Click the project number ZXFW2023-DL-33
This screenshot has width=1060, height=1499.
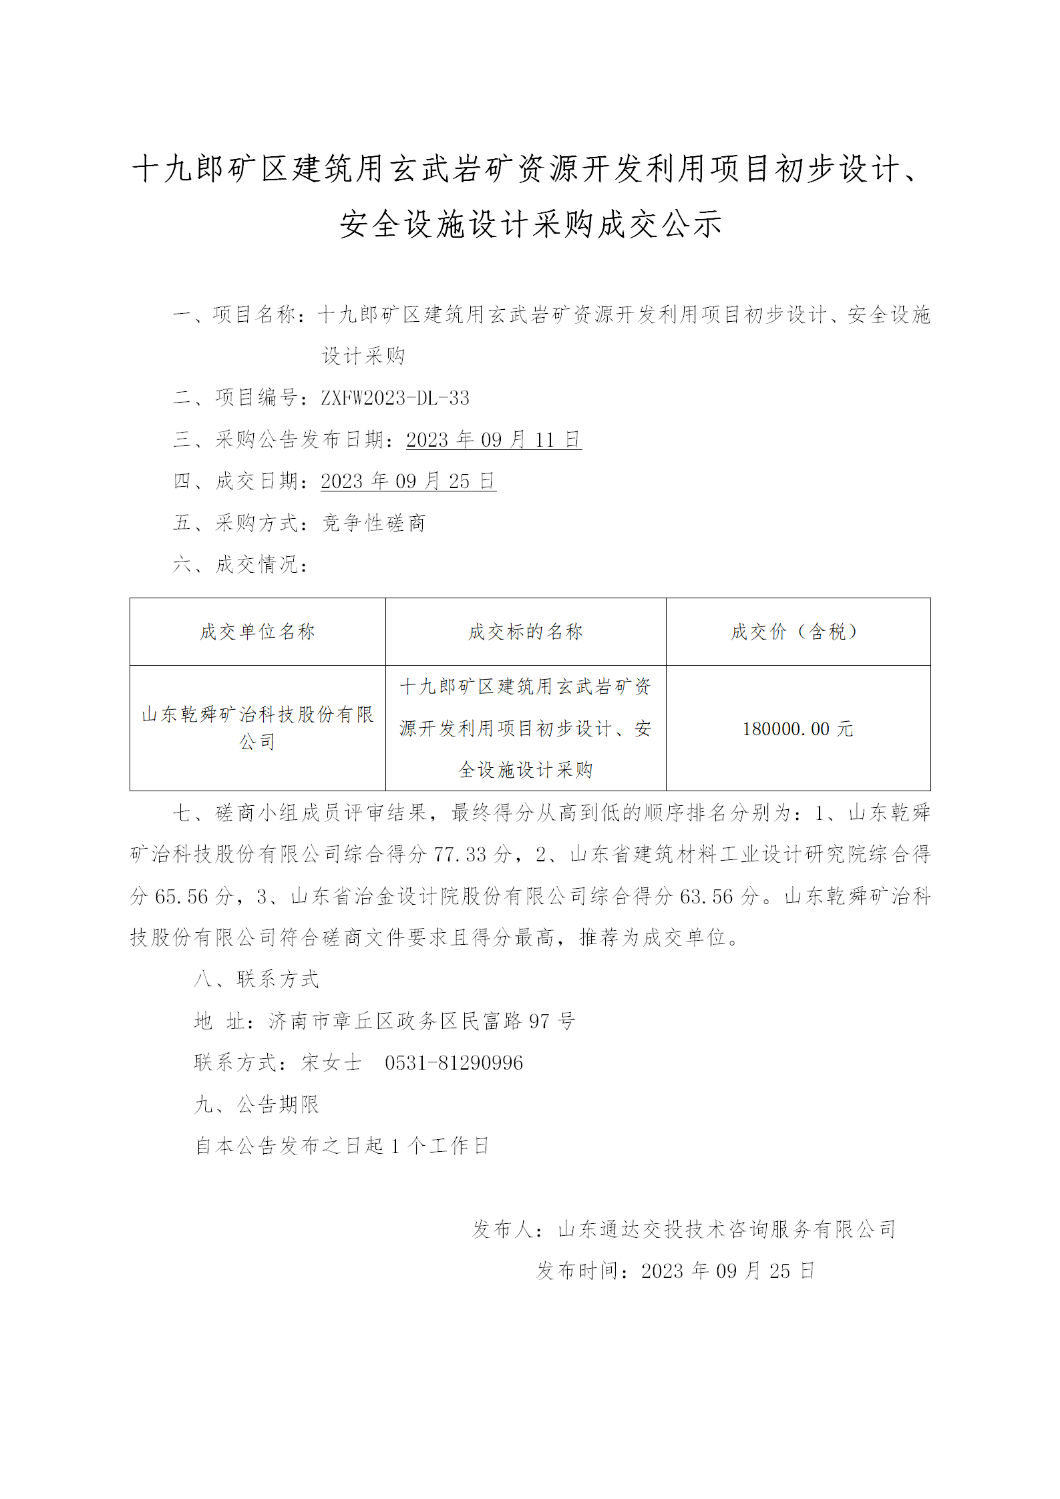click(395, 398)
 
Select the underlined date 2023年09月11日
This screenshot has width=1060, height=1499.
click(494, 439)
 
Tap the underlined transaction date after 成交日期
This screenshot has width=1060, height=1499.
click(408, 481)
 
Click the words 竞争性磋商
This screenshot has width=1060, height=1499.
click(373, 523)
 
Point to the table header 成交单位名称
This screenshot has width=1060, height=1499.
click(257, 632)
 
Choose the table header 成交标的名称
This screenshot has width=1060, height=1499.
click(526, 632)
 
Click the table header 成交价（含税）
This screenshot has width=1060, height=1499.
click(798, 632)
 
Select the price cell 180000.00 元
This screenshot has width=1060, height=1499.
click(798, 728)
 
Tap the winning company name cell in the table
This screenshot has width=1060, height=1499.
click(257, 728)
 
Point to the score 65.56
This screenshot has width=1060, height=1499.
click(182, 896)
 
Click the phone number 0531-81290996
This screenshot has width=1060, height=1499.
click(454, 1063)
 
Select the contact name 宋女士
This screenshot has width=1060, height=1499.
click(331, 1063)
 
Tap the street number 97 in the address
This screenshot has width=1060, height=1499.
click(539, 1021)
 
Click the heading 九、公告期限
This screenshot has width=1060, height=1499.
click(257, 1104)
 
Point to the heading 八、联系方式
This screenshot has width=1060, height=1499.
click(257, 980)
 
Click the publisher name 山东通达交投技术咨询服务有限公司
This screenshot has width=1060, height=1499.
click(727, 1229)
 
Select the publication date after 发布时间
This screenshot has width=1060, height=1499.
click(728, 1271)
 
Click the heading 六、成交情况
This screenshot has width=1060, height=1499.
click(240, 564)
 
